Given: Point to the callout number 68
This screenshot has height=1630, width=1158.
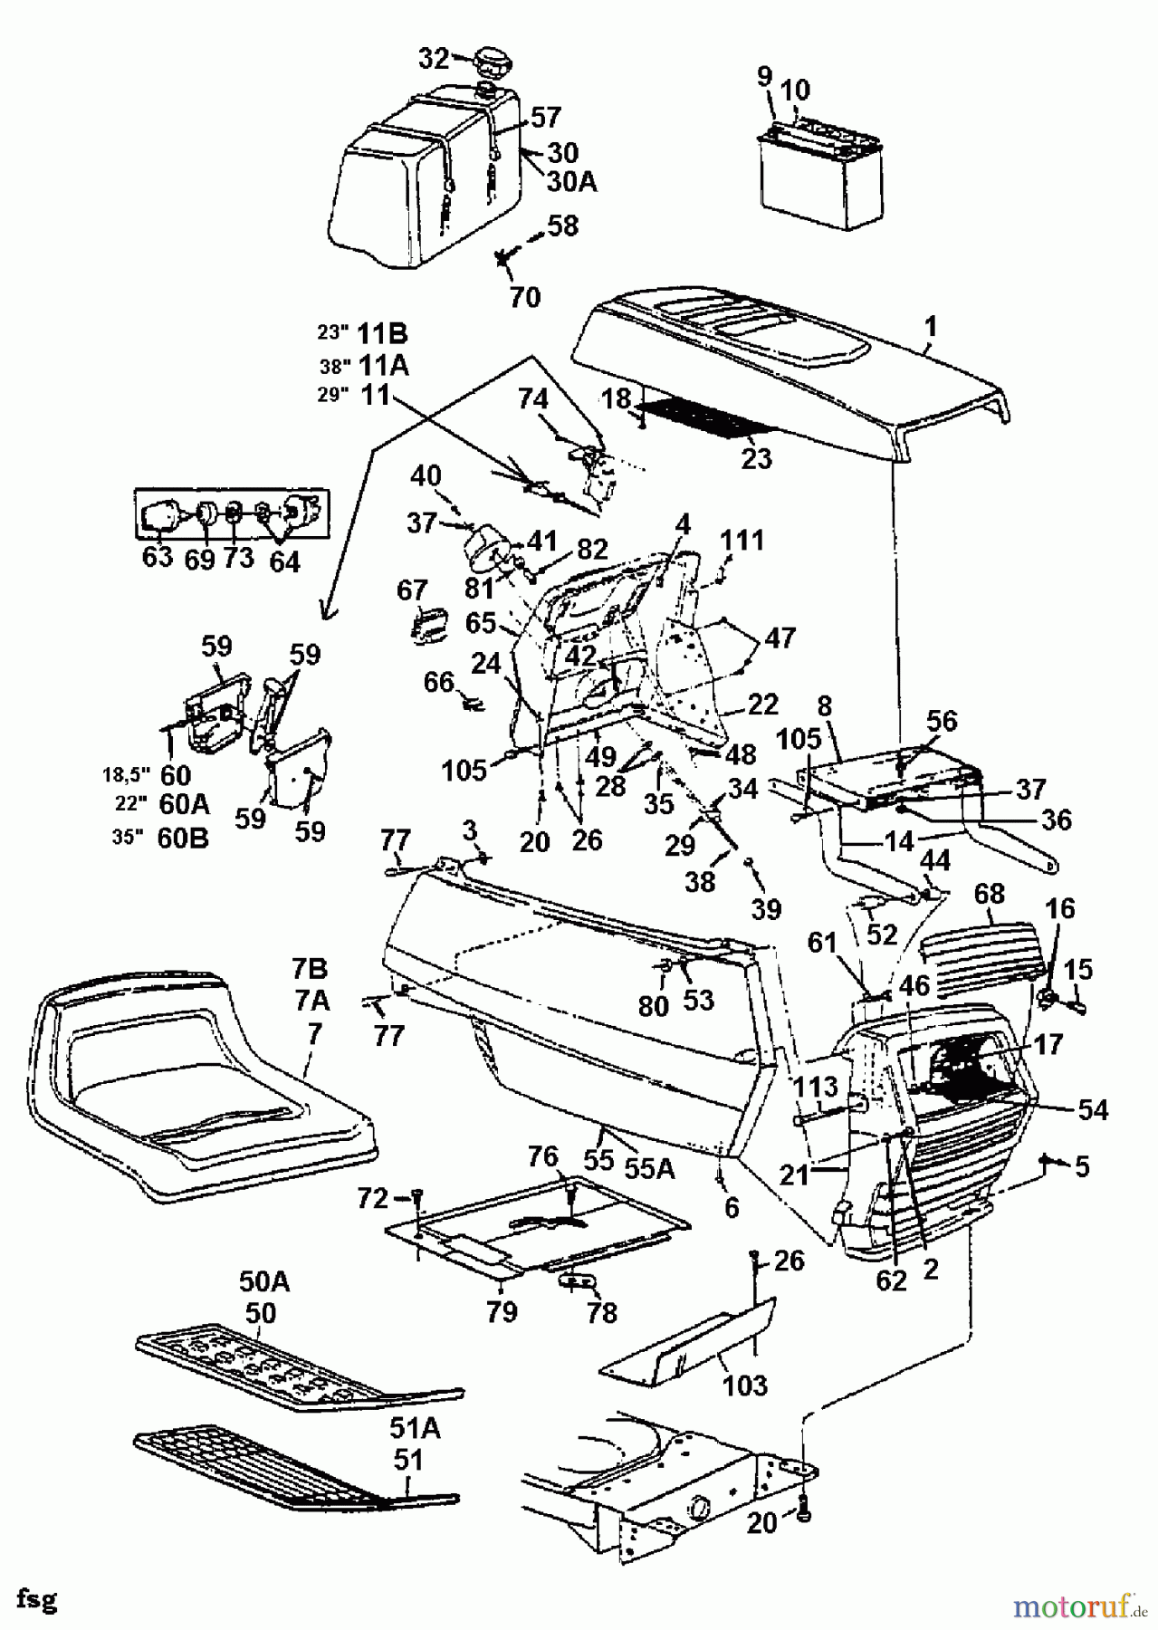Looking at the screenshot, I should (990, 894).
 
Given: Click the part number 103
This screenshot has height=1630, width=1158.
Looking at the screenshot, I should (745, 1384).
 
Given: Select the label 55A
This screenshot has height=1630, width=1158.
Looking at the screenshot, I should (650, 1169).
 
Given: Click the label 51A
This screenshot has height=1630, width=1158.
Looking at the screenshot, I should (416, 1428).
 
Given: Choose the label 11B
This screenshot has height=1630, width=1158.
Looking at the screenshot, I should (382, 334).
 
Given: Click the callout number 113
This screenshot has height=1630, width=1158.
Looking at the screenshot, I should (818, 1087).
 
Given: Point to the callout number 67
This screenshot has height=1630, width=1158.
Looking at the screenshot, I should (412, 590).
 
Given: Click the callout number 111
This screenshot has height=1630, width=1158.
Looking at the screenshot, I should (742, 541).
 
